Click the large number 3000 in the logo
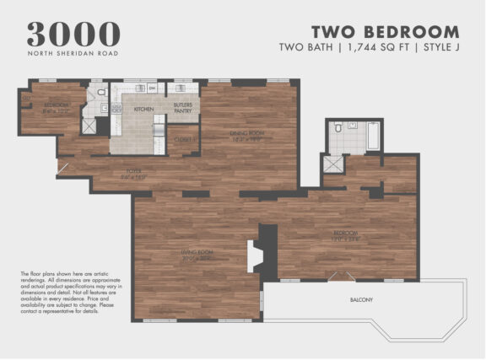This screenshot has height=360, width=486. [x=73, y=33]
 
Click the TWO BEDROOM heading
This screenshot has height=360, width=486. [x=386, y=33]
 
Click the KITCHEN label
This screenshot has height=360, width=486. [x=143, y=109]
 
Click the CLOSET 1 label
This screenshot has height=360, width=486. [x=184, y=140]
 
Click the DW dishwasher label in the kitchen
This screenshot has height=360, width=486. [x=153, y=88]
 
